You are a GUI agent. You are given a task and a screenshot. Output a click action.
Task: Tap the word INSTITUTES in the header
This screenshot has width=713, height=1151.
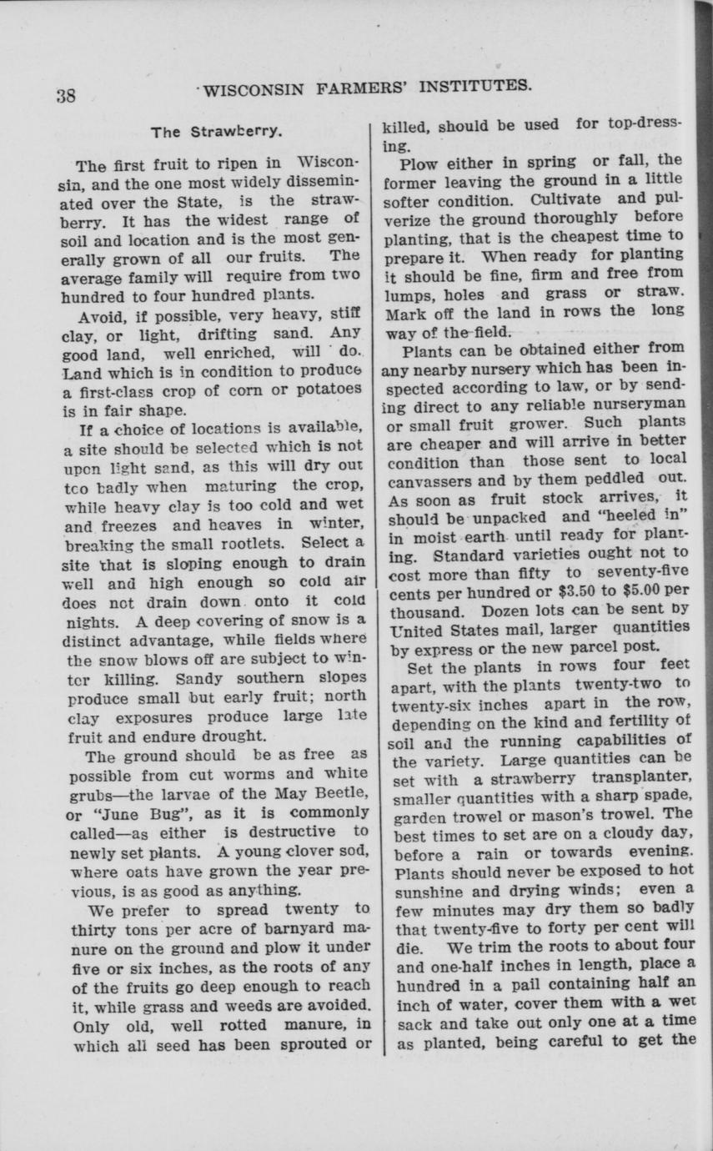pos(472,85)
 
